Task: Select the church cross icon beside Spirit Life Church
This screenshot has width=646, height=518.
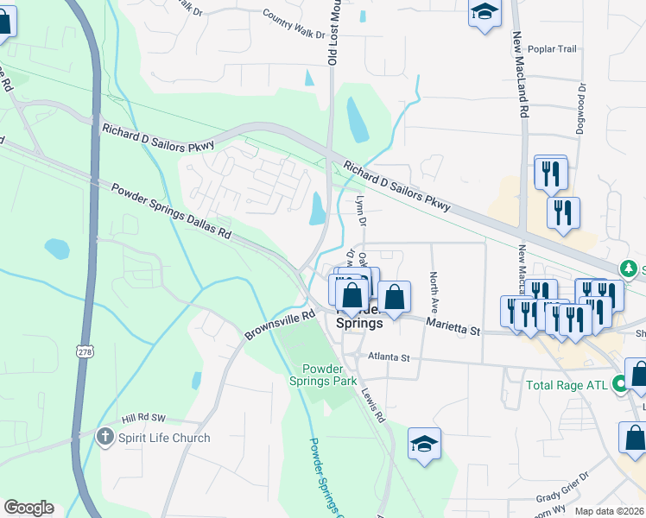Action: click(x=105, y=437)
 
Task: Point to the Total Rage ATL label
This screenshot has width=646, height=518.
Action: click(x=566, y=383)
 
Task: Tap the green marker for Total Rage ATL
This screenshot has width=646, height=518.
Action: click(x=619, y=383)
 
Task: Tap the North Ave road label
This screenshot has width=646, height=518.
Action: click(x=434, y=293)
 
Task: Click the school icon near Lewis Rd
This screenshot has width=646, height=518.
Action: click(x=424, y=444)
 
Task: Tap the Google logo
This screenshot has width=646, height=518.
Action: click(x=28, y=508)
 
